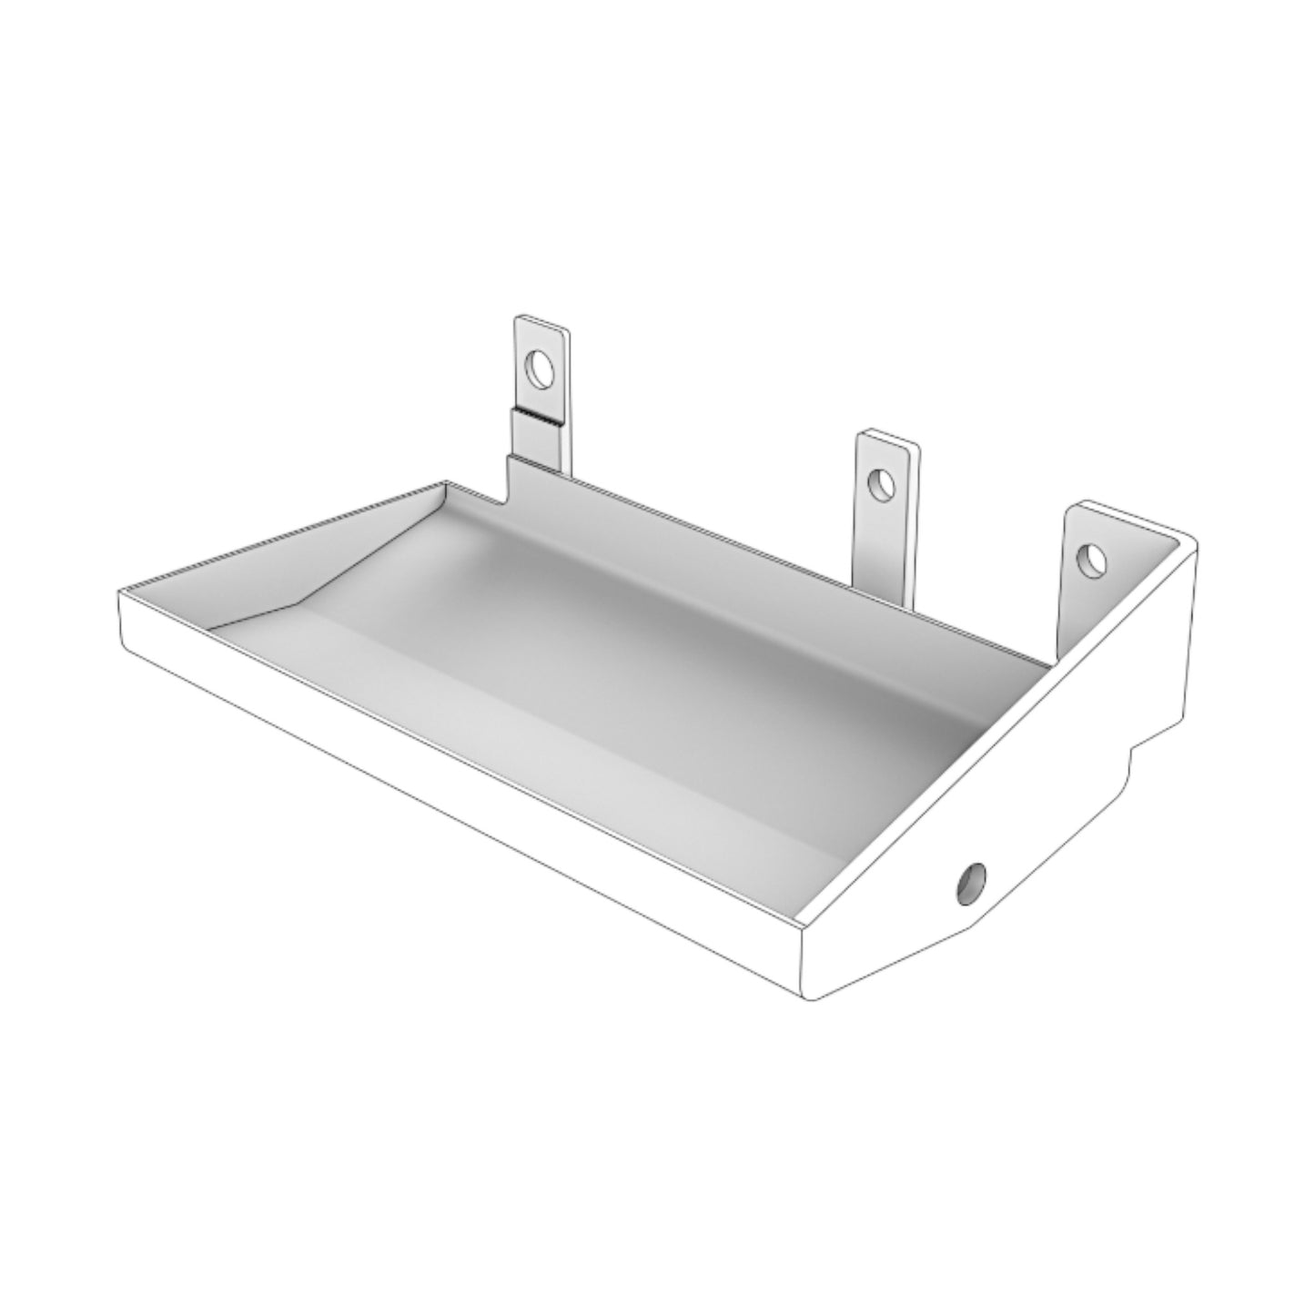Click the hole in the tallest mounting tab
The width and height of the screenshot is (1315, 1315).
541,369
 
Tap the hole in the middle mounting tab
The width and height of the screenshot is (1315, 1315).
879,484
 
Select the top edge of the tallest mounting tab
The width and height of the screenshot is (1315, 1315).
541,319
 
